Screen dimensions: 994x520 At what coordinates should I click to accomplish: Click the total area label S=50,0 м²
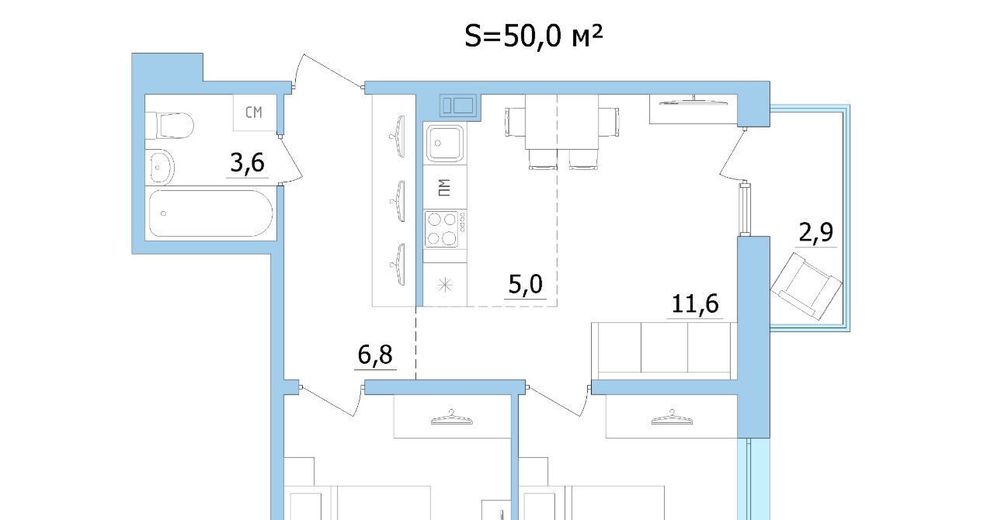(x=533, y=36)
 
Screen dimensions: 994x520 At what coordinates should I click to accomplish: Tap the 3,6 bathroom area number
(x=247, y=162)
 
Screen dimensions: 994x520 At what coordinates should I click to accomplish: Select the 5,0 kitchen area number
(x=526, y=284)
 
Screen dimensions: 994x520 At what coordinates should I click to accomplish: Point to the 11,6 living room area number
(x=695, y=304)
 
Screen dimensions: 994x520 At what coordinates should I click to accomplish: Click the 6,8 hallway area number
(x=375, y=355)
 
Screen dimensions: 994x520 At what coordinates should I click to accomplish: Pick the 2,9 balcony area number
(x=815, y=231)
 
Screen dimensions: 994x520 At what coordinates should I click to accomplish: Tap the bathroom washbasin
(x=160, y=168)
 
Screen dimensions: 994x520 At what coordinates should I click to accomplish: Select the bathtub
(x=210, y=213)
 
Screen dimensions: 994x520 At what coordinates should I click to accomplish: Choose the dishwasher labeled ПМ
(x=445, y=187)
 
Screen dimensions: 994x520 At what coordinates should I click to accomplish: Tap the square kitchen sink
(x=445, y=143)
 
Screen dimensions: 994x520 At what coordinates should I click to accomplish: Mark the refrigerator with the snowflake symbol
(x=445, y=284)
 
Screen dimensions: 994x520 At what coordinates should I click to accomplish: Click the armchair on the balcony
(x=806, y=286)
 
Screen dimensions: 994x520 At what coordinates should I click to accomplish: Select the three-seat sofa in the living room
(x=664, y=351)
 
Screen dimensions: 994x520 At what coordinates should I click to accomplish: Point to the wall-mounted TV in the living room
(x=693, y=102)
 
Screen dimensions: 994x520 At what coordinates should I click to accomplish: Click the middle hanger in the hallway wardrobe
(x=398, y=201)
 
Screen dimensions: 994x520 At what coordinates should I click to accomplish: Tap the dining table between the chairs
(x=561, y=122)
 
